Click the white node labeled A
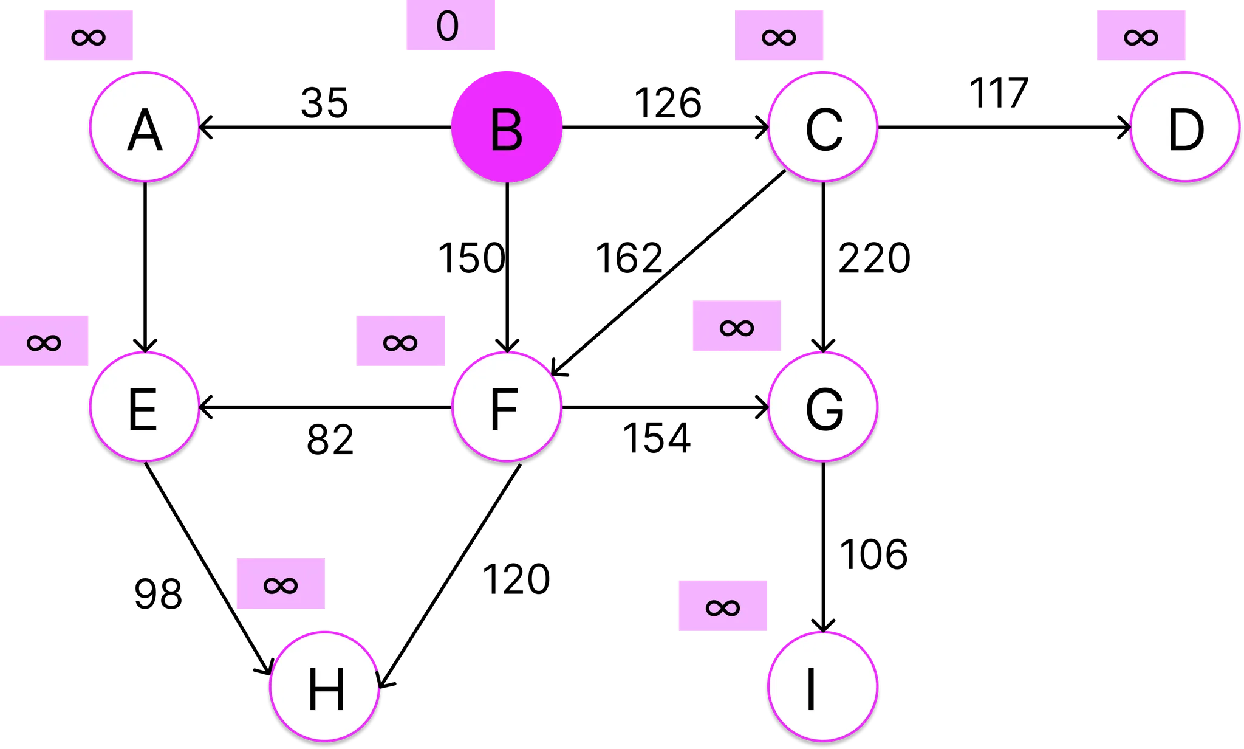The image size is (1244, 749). tap(145, 126)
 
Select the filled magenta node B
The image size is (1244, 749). tap(507, 126)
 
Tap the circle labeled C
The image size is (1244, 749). tap(823, 126)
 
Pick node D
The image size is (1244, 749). tap(1185, 126)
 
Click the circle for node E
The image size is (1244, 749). tap(145, 406)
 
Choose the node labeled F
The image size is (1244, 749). tap(507, 406)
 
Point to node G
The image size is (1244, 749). tap(823, 406)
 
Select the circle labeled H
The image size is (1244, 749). tap(325, 686)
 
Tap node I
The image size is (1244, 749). tap(823, 686)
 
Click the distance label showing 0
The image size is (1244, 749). tap(450, 26)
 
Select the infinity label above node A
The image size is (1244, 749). tap(89, 35)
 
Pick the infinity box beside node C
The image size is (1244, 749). tap(779, 35)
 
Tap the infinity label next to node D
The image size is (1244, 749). tap(1141, 35)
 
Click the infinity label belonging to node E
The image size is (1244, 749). tap(44, 341)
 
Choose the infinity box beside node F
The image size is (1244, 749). tap(400, 341)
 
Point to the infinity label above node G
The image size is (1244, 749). tap(737, 326)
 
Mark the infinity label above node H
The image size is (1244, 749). tap(281, 584)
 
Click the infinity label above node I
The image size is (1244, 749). tap(723, 606)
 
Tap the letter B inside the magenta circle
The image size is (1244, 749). tap(506, 130)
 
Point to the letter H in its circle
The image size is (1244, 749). tap(326, 689)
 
